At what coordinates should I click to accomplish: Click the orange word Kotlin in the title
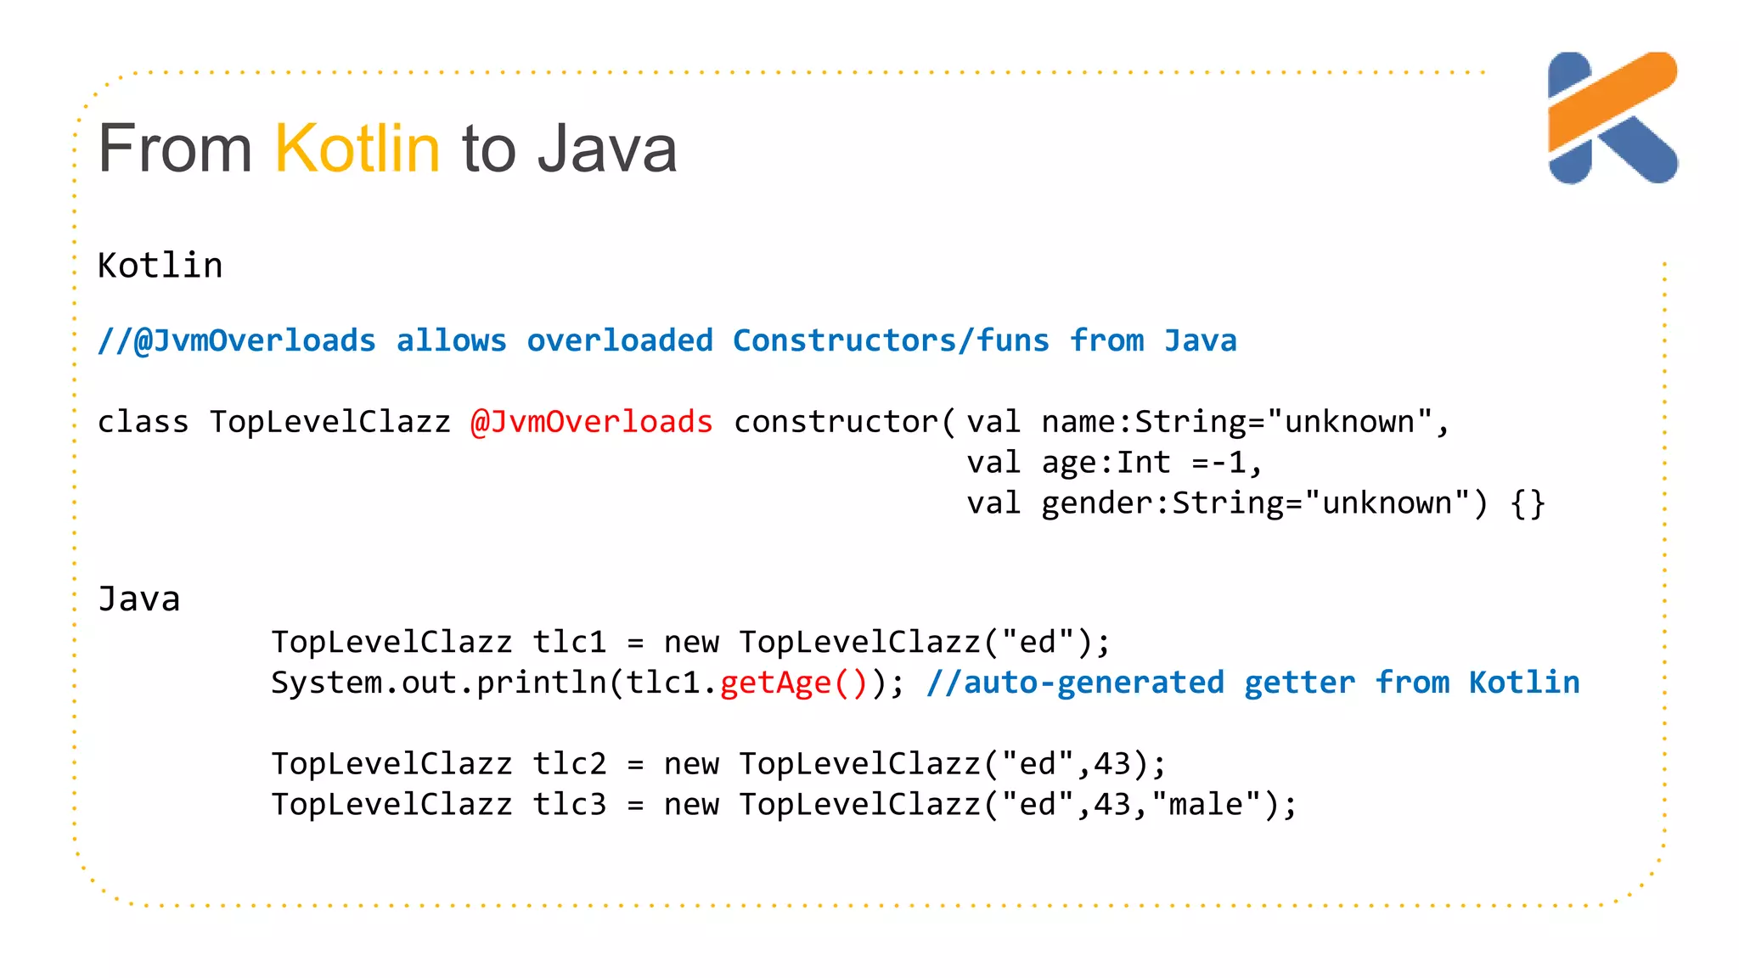click(357, 149)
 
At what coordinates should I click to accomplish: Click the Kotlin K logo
click(1612, 118)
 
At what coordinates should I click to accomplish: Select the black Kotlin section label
click(160, 266)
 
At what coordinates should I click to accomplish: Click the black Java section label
click(138, 599)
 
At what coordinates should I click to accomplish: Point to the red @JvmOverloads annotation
click(591, 422)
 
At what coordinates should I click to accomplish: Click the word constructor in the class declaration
click(836, 422)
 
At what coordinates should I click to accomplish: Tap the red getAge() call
click(793, 683)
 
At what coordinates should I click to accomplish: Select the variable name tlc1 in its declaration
click(570, 642)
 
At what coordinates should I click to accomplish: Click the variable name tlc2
click(570, 764)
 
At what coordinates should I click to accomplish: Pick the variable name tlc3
click(570, 805)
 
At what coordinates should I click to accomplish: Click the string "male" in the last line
click(1206, 805)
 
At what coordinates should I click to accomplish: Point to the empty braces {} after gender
click(1528, 503)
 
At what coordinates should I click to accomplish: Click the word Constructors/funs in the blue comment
click(891, 340)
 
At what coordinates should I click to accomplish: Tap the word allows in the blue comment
click(451, 340)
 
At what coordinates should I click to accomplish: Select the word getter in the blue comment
click(1299, 683)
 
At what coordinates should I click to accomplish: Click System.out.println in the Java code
click(438, 683)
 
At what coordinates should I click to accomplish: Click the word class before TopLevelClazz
click(143, 422)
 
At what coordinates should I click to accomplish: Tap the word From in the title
click(175, 149)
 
